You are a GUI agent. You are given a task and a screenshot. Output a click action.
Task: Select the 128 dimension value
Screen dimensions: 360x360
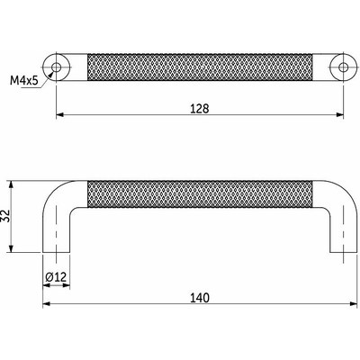[200, 108]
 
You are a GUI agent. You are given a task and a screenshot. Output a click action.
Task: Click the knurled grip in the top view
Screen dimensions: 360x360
[200, 66]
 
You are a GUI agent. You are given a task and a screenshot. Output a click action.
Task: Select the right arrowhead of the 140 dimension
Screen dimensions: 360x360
[352, 303]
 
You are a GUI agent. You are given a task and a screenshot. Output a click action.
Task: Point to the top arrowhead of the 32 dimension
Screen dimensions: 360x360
[12, 183]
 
